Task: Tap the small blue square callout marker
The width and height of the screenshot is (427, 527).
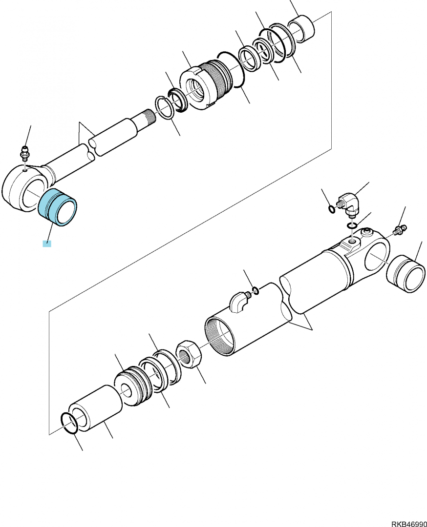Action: click(x=47, y=243)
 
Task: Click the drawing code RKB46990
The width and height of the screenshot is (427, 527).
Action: click(x=409, y=524)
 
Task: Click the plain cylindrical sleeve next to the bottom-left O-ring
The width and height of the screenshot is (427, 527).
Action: click(x=95, y=408)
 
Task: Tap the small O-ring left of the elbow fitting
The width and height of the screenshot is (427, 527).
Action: click(x=332, y=209)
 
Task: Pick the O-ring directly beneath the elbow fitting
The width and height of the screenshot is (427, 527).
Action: click(x=352, y=224)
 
